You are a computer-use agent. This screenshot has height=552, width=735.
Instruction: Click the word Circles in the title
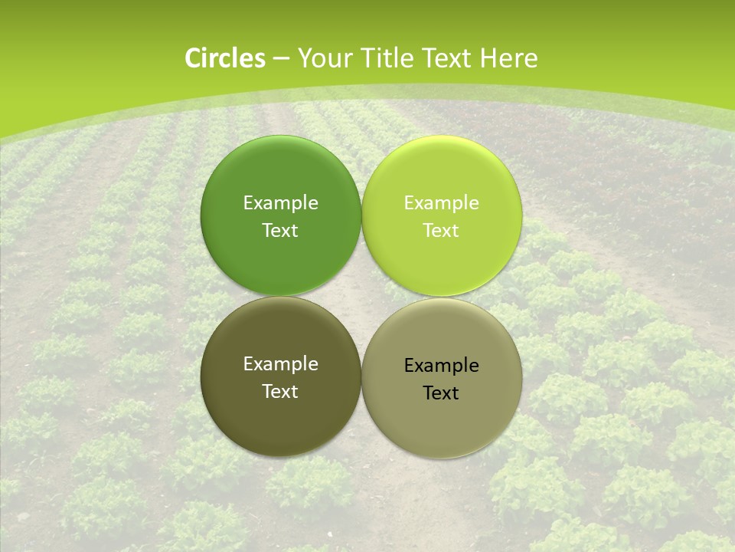click(224, 58)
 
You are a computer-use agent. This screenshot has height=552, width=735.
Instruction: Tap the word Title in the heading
click(387, 58)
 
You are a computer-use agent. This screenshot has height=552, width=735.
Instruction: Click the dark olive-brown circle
click(281, 414)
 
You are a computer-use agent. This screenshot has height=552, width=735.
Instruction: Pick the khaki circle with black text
click(442, 422)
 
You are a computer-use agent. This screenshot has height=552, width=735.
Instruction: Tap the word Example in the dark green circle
click(280, 203)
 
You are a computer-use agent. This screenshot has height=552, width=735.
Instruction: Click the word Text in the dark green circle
click(280, 231)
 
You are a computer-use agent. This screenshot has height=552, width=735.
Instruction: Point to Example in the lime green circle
click(441, 203)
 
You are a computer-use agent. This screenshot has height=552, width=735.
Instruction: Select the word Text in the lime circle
click(441, 231)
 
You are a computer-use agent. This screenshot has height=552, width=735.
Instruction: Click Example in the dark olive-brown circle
click(280, 364)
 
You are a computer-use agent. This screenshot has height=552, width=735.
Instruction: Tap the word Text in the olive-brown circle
click(280, 392)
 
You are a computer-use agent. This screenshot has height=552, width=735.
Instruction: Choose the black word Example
click(441, 366)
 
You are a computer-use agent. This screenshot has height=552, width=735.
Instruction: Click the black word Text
click(441, 393)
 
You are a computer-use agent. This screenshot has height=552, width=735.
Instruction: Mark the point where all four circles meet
click(361, 296)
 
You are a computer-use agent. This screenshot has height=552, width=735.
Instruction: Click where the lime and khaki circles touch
click(442, 296)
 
